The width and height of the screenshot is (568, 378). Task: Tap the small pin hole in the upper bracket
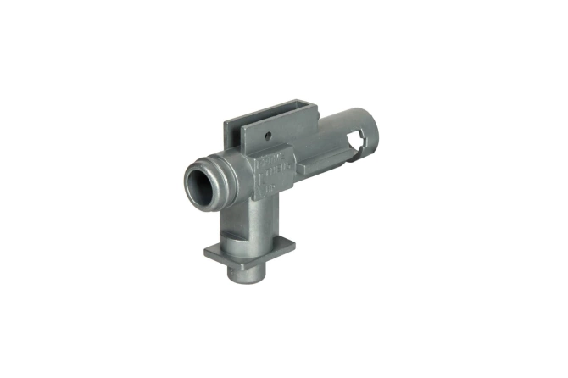tap(266, 135)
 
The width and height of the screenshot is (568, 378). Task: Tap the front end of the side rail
tap(301, 161)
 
